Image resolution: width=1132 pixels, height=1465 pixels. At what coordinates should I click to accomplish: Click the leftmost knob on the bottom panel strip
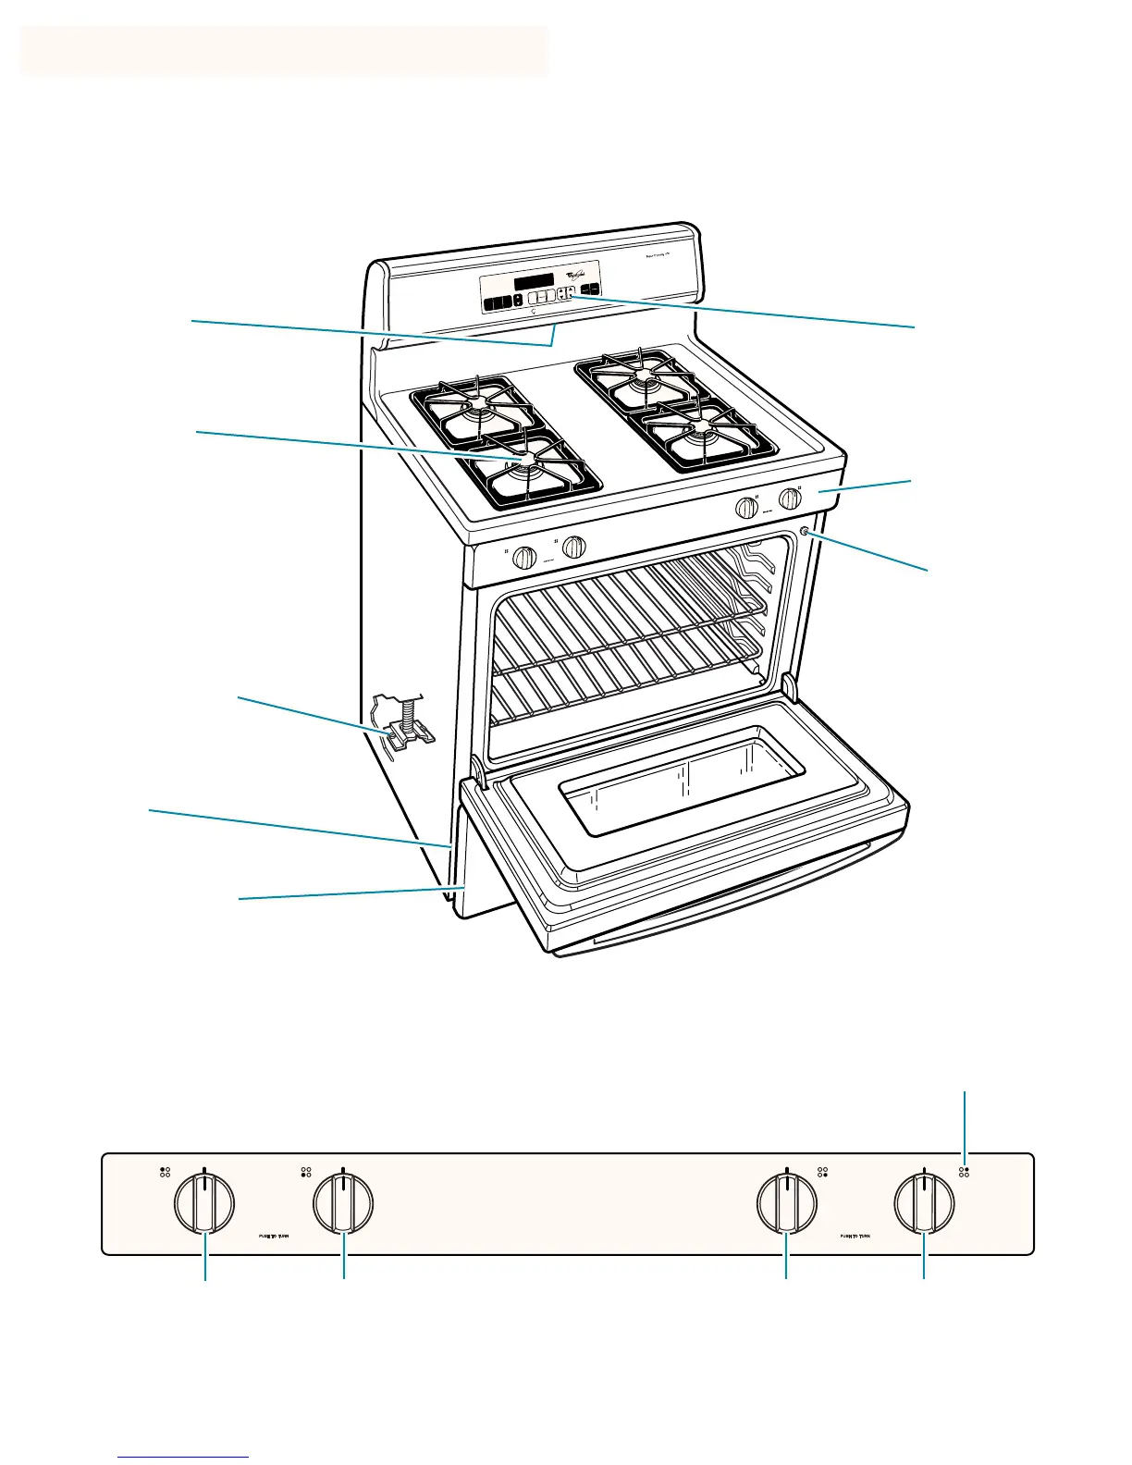click(204, 1203)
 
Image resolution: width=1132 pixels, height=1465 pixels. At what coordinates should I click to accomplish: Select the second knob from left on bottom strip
click(343, 1203)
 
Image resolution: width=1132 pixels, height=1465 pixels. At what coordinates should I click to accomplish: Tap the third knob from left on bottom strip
click(786, 1203)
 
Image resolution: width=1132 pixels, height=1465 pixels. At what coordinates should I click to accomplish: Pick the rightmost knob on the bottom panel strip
click(925, 1203)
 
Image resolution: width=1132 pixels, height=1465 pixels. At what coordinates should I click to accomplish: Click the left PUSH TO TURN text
click(274, 1235)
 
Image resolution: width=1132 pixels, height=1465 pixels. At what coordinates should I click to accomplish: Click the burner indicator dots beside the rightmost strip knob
click(965, 1172)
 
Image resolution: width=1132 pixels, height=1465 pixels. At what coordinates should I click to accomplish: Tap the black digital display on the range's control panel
click(534, 280)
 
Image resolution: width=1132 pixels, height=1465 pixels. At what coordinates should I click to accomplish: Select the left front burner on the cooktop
click(526, 467)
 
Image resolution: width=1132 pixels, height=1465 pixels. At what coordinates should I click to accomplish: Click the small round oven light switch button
click(804, 532)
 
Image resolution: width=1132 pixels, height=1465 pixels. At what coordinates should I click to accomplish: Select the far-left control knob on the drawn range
click(524, 558)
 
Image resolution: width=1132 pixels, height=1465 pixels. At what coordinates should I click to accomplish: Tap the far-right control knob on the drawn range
click(790, 499)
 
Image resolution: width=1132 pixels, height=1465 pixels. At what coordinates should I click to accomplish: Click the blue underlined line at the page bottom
click(184, 1459)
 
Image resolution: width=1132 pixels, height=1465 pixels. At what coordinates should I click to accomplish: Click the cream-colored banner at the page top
click(283, 51)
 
